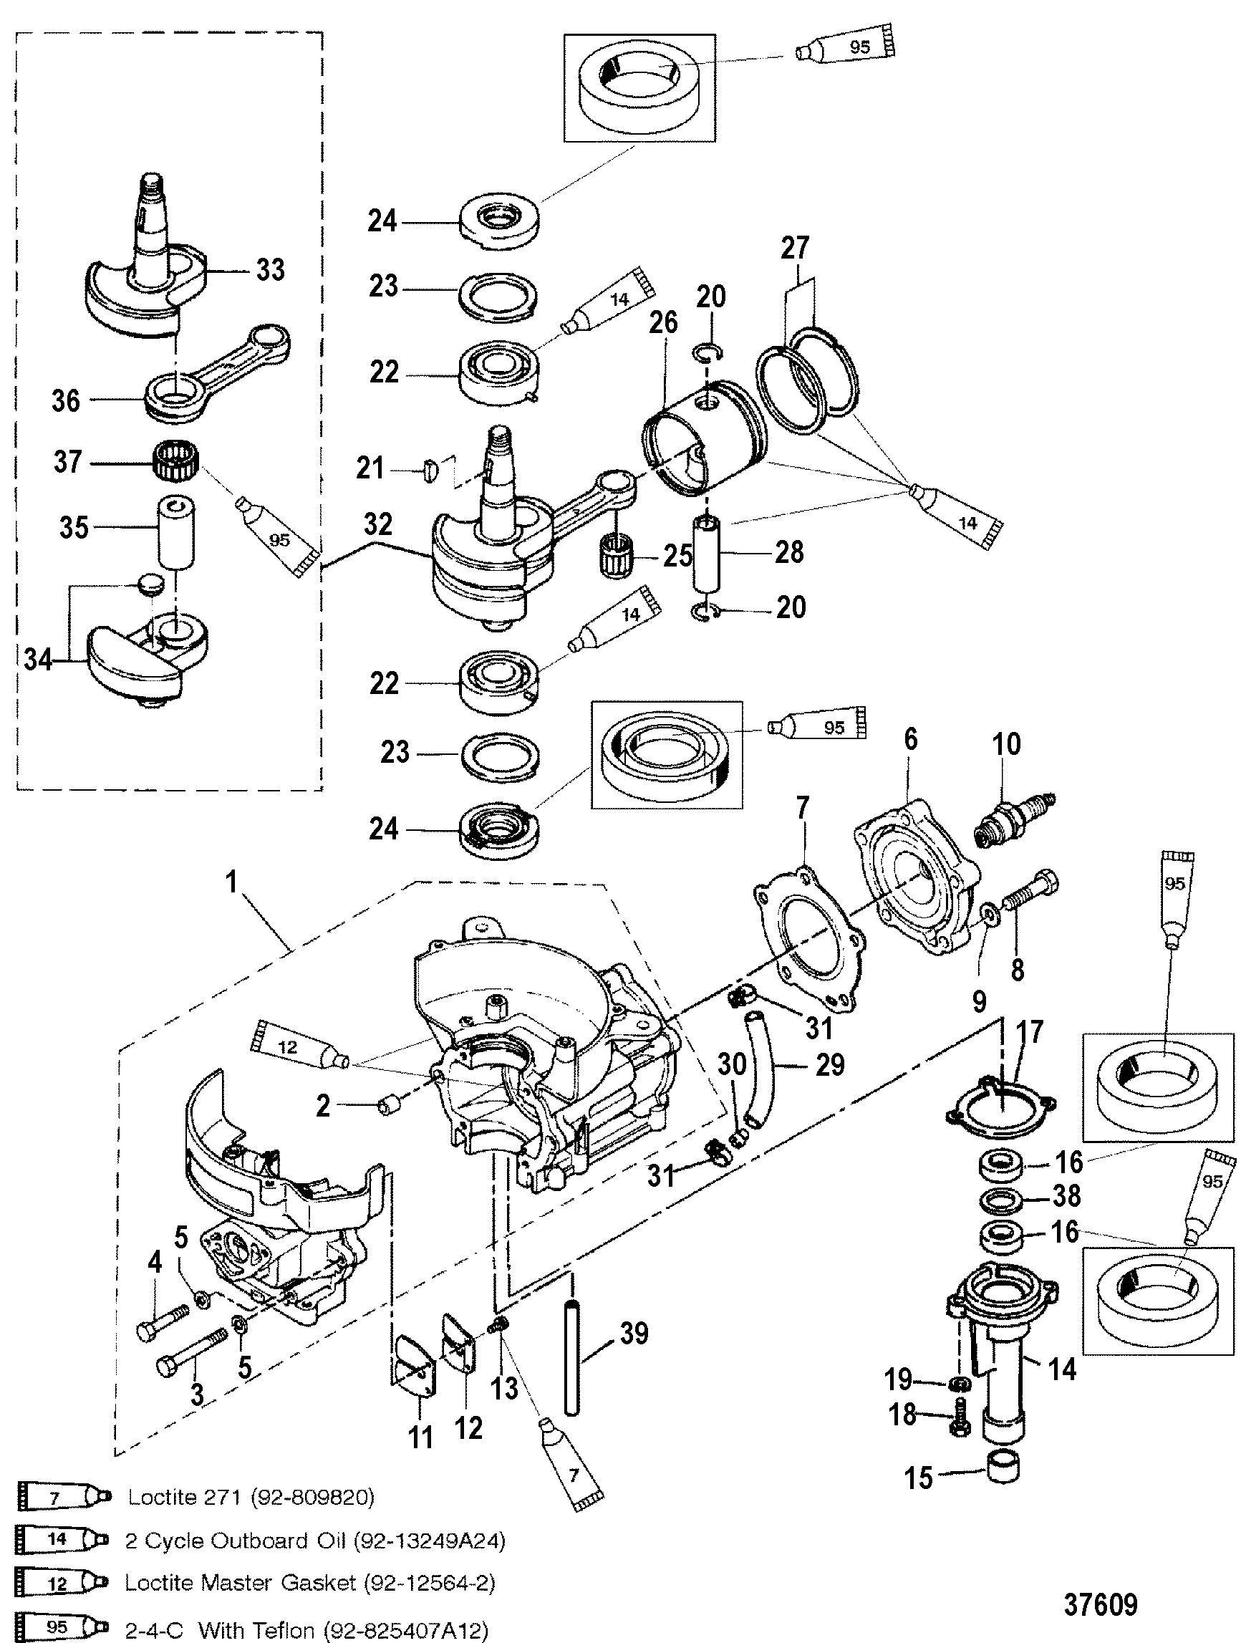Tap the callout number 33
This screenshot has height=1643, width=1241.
269,269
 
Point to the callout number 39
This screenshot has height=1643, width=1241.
634,1334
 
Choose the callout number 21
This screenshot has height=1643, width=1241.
370,468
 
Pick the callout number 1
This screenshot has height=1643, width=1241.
232,882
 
